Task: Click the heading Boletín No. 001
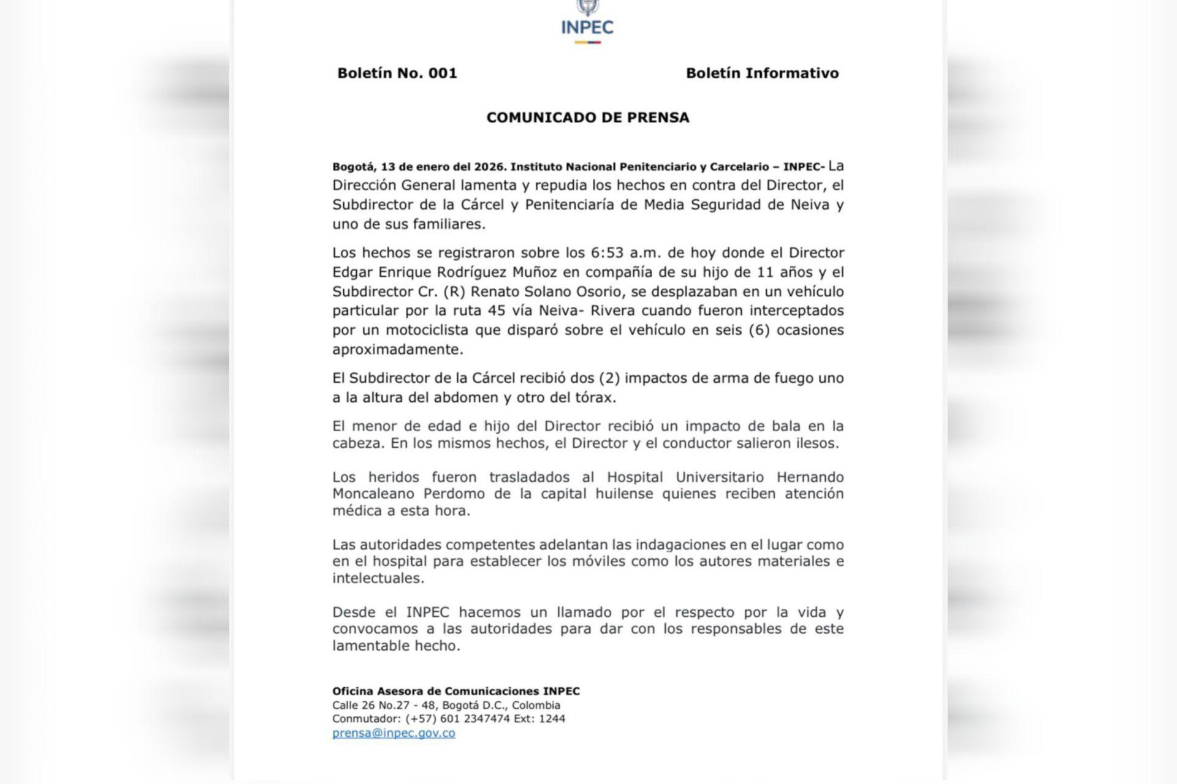click(397, 73)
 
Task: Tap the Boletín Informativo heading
click(762, 73)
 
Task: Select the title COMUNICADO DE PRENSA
click(588, 118)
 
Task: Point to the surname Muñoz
click(548, 272)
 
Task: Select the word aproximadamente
click(398, 350)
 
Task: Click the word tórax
click(594, 398)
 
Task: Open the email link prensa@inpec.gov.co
click(394, 733)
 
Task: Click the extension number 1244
click(552, 718)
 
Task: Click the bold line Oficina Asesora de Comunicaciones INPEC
click(455, 691)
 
